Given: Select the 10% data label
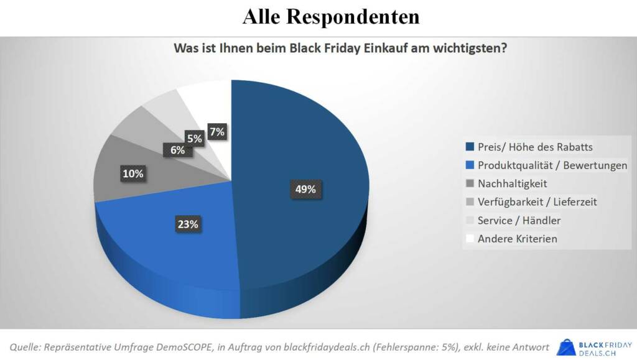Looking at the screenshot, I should [133, 174].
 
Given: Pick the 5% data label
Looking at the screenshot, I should [195, 139].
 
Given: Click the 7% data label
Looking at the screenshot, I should [217, 131].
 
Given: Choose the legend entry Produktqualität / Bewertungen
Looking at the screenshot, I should [552, 165].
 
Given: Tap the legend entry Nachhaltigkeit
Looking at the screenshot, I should [512, 183].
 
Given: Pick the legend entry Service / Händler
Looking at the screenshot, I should [519, 220].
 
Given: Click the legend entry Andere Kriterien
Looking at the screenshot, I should [518, 238].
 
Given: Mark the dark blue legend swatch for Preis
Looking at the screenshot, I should [470, 147].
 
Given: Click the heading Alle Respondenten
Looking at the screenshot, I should [331, 17].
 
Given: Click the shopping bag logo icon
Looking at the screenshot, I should [566, 347].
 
